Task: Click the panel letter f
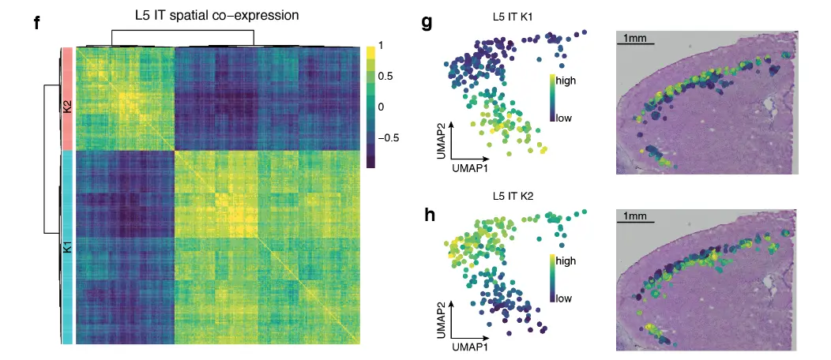click(x=37, y=22)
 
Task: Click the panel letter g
click(x=427, y=22)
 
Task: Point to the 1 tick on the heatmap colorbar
click(x=382, y=46)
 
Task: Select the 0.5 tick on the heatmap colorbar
click(x=385, y=76)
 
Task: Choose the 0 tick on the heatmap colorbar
click(x=382, y=106)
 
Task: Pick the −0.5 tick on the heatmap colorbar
click(x=389, y=137)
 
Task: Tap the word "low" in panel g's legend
click(x=565, y=118)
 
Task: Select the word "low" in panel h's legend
click(x=565, y=298)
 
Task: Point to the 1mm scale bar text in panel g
click(x=634, y=38)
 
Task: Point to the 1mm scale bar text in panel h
click(x=634, y=216)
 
